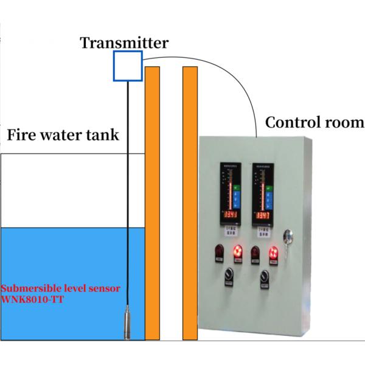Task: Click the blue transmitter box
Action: tap(127, 66)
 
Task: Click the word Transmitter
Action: tap(125, 43)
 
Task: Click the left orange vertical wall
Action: tap(152, 201)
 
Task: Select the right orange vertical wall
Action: tap(190, 201)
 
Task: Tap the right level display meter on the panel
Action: tap(263, 195)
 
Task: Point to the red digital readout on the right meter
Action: tap(263, 216)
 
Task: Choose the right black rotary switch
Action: tap(265, 277)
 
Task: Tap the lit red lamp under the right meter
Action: tap(274, 252)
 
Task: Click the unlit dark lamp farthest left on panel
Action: tap(218, 251)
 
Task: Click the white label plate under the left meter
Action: tap(229, 229)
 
